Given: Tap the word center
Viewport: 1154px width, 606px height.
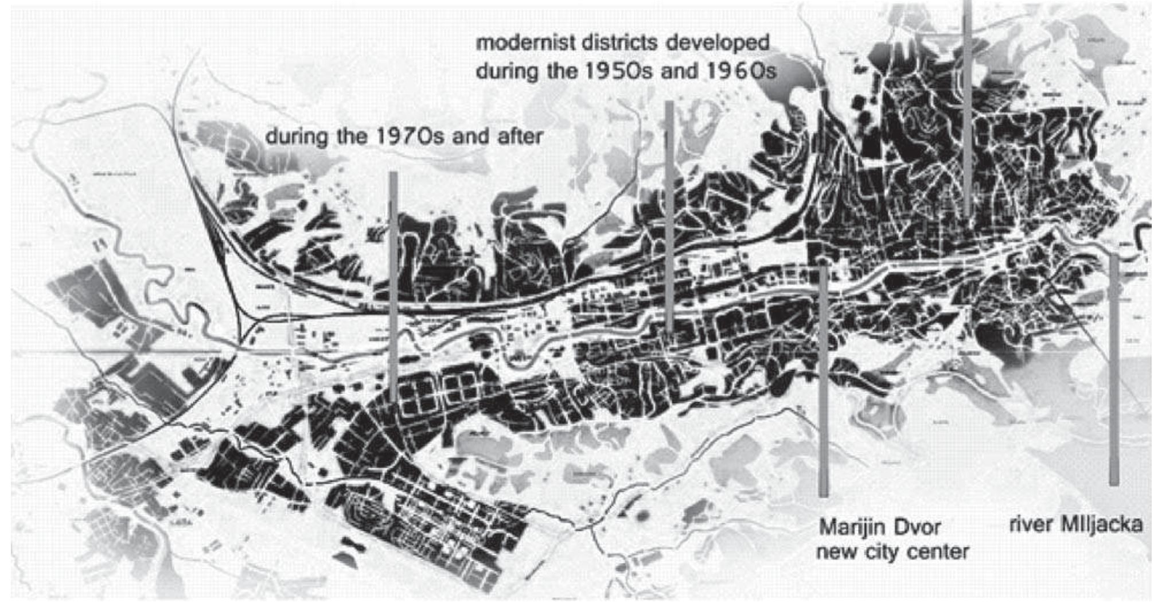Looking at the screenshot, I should click(939, 553).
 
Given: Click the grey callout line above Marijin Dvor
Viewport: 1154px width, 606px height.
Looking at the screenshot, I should click(823, 379).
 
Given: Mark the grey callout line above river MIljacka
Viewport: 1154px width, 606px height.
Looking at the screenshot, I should click(1114, 367).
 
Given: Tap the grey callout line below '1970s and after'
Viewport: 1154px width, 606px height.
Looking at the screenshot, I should click(393, 287).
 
